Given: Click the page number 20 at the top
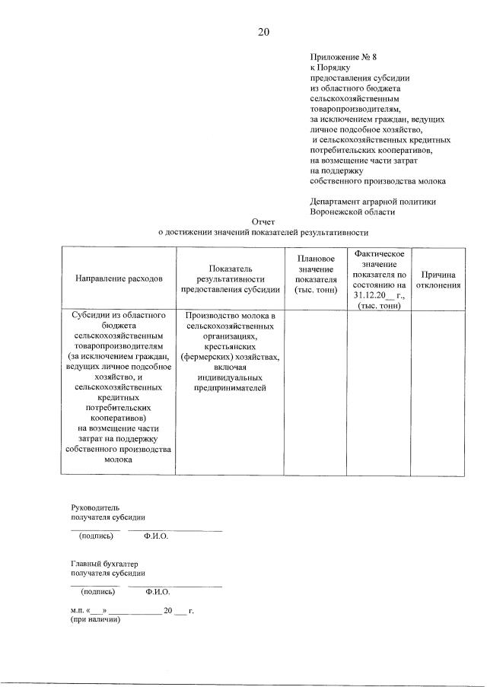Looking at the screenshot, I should [263, 32].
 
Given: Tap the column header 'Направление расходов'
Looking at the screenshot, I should [119, 279].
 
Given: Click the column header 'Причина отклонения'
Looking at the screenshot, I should [438, 279].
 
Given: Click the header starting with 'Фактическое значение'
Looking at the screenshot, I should [379, 279].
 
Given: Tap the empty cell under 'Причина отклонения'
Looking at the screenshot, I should [438, 392].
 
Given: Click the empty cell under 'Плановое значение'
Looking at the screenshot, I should [315, 392].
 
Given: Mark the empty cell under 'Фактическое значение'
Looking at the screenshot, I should [379, 392].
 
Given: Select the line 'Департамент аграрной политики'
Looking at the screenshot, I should [373, 202].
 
